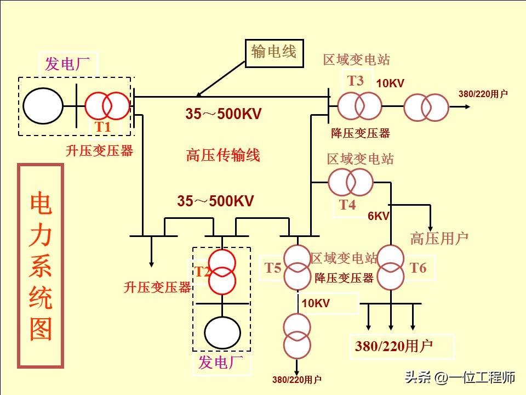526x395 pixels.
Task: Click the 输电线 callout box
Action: point(274,53)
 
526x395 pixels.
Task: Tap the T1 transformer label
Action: point(103,126)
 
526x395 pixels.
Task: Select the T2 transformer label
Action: point(203,272)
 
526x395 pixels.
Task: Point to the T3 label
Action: point(356,81)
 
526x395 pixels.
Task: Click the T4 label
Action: point(347,205)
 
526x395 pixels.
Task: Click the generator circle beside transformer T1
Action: point(43,105)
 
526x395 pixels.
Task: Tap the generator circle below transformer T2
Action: point(222,332)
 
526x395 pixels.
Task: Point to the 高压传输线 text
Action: point(222,155)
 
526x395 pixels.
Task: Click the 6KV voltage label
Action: point(378,216)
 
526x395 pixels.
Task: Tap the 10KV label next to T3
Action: point(390,83)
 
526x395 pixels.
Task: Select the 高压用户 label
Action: point(439,238)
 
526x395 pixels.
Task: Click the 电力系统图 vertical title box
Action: point(41,266)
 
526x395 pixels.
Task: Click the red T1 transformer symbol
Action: point(107,105)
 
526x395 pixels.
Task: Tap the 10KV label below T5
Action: point(316,303)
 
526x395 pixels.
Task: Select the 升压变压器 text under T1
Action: point(99,151)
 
